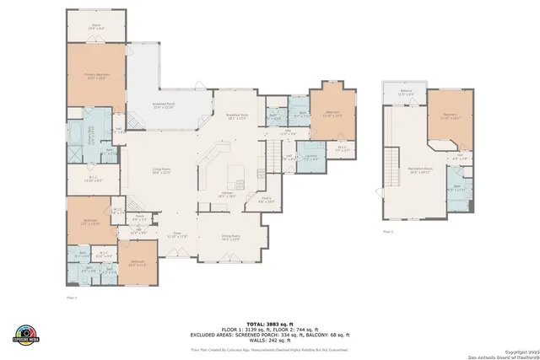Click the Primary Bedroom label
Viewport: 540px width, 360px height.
click(96, 75)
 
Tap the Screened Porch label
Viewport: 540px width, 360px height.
click(163, 106)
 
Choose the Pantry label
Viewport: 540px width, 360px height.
click(265, 200)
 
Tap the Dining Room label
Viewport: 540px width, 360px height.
click(231, 238)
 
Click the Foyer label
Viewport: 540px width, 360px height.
click(177, 235)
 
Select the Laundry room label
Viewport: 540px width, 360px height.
click(310, 158)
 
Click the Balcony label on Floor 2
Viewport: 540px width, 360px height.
click(405, 93)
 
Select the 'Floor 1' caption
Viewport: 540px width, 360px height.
click(72, 298)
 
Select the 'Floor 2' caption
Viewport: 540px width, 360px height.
click(388, 230)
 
